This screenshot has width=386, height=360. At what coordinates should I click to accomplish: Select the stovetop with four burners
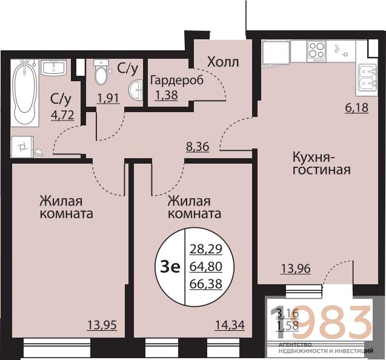pyautogui.click(x=316, y=50)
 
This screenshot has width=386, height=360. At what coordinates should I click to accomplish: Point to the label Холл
pyautogui.click(x=223, y=62)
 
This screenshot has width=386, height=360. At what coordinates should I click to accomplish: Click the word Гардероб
pyautogui.click(x=177, y=80)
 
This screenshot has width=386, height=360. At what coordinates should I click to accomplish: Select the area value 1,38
pyautogui.click(x=166, y=95)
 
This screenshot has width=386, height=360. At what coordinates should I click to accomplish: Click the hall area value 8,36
pyautogui.click(x=198, y=146)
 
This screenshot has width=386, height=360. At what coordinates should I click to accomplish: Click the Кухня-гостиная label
pyautogui.click(x=321, y=162)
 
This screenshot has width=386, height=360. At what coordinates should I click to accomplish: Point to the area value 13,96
pyautogui.click(x=295, y=268)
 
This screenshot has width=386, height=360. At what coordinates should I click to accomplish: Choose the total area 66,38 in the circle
pyautogui.click(x=205, y=284)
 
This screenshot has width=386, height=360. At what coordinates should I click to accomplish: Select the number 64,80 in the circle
pyautogui.click(x=205, y=265)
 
